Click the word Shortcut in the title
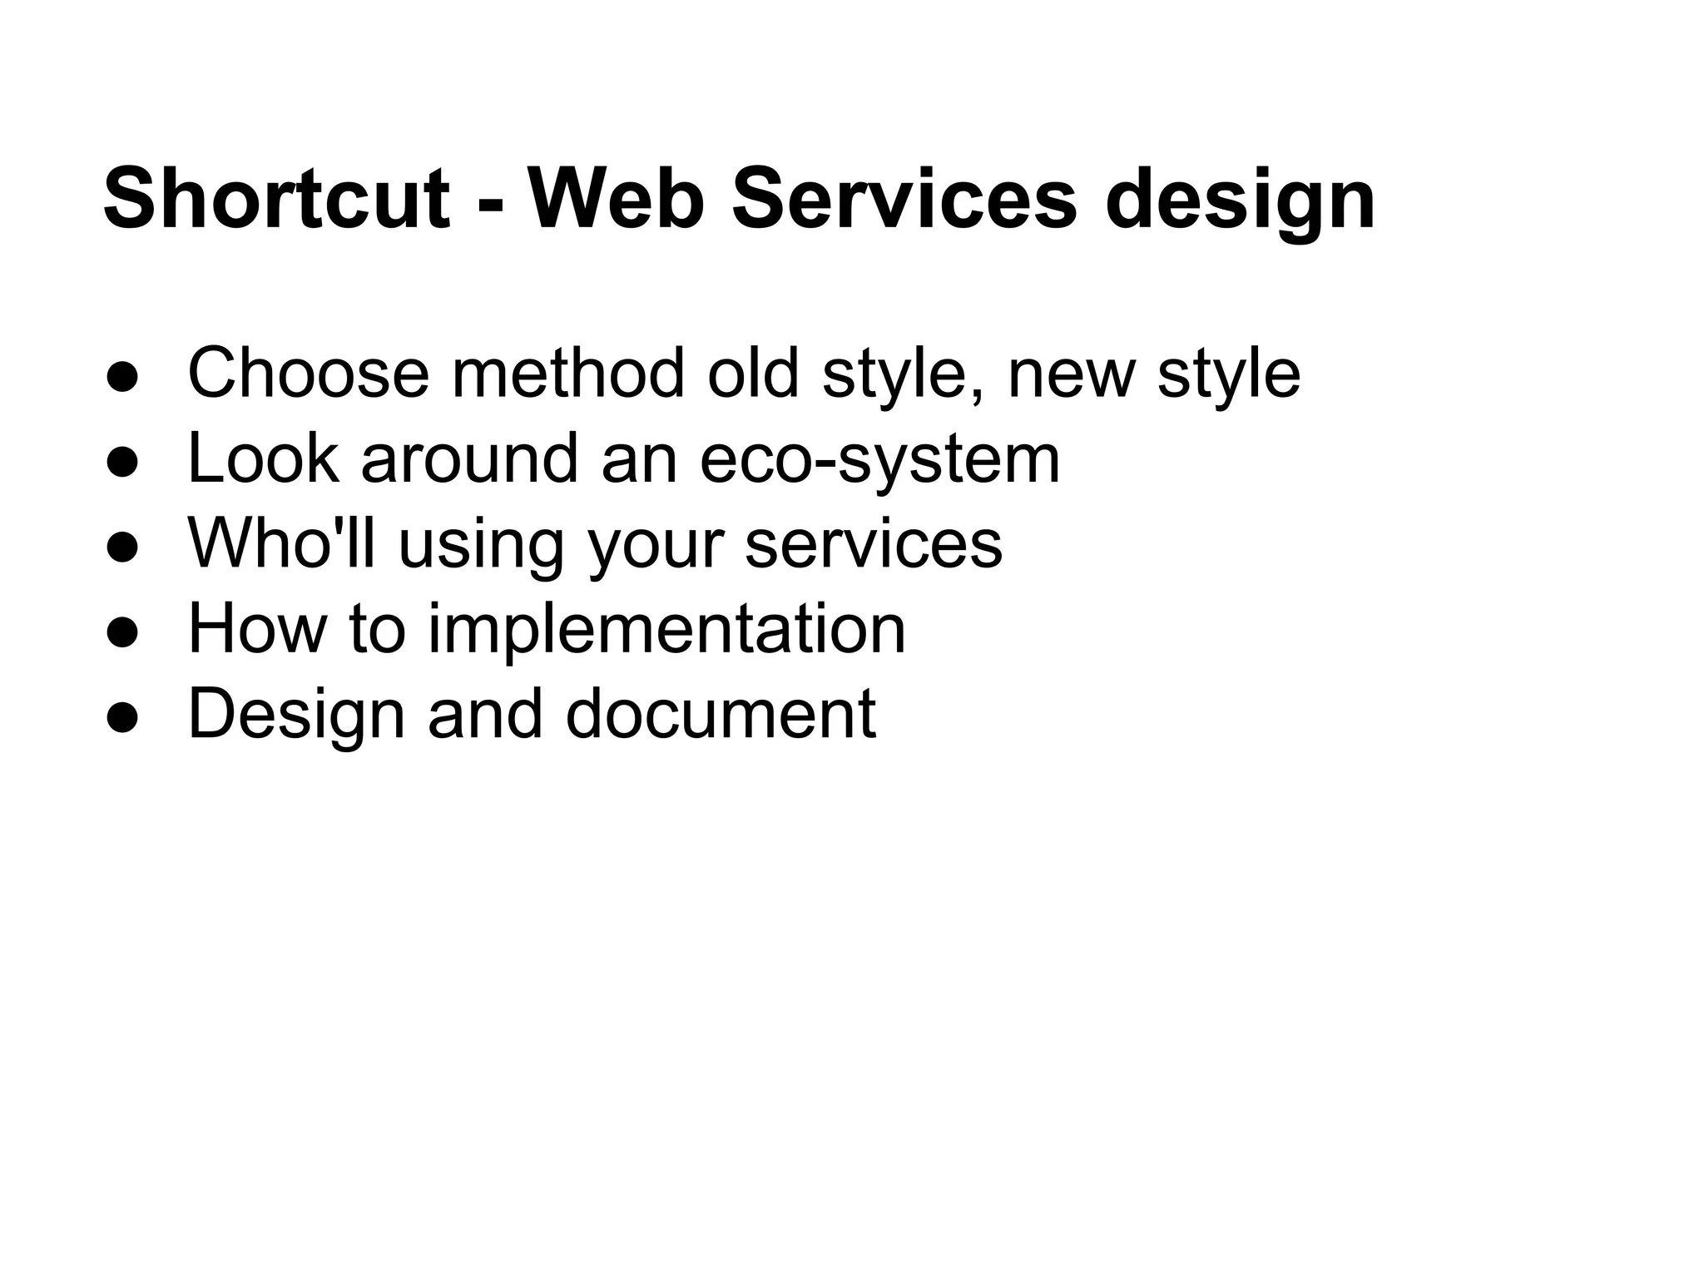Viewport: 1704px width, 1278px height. click(x=276, y=200)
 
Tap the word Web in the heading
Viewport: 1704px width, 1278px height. click(x=616, y=200)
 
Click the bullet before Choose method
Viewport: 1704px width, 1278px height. click(x=121, y=377)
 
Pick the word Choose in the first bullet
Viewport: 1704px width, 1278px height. click(x=309, y=374)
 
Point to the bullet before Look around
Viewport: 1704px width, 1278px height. click(x=121, y=463)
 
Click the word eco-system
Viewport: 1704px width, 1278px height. click(x=879, y=460)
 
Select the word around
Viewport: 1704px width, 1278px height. click(x=468, y=459)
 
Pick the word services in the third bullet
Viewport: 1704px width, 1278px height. click(x=874, y=545)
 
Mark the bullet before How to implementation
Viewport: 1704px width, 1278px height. click(x=121, y=633)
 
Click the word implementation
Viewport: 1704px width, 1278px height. click(x=666, y=631)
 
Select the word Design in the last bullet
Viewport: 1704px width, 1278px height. click(x=296, y=716)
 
